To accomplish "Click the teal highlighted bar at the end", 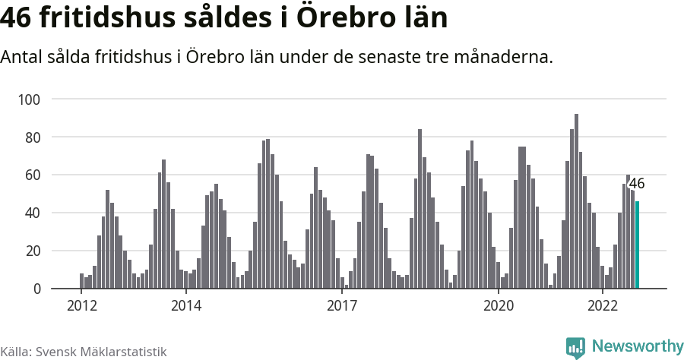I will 637,245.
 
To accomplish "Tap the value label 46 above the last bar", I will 637,184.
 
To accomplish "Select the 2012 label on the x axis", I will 81,305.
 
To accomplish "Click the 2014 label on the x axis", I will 185,305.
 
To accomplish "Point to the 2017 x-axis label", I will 342,305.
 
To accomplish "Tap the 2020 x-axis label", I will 499,305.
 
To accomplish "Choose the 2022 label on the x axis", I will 603,305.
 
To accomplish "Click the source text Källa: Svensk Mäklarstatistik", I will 83,352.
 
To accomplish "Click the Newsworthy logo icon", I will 575,347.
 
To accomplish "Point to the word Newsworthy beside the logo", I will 637,346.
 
